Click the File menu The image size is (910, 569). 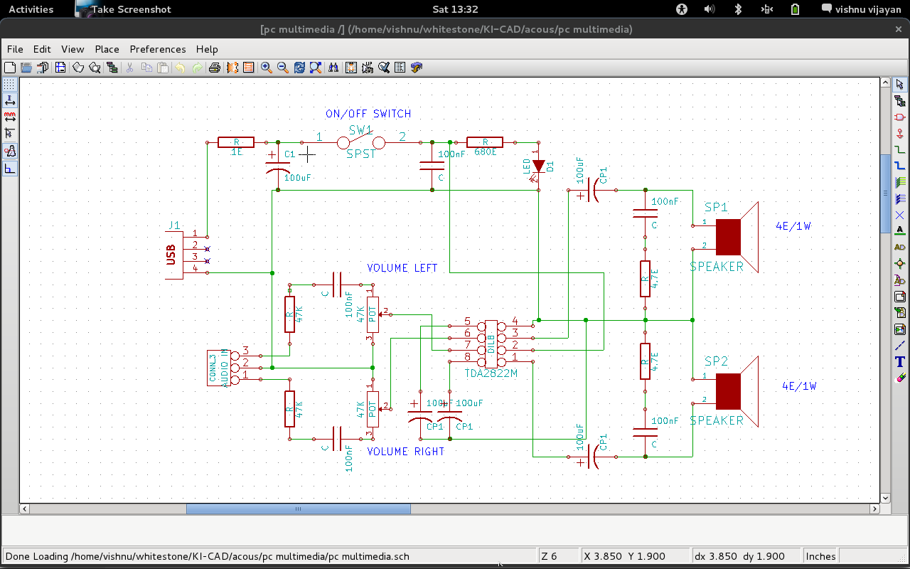point(15,49)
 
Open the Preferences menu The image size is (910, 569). point(157,49)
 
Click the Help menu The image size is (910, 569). point(207,49)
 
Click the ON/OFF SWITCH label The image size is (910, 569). point(368,114)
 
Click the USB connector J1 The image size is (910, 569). point(173,255)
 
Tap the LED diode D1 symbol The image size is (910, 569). point(538,166)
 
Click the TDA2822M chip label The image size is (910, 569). point(491,373)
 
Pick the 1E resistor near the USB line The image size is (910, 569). point(236,142)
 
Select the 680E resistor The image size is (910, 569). point(485,142)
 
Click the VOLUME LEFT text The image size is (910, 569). point(402,268)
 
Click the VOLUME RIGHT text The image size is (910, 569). point(406,452)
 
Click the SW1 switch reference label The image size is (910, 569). point(360,130)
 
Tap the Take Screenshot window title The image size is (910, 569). point(131,9)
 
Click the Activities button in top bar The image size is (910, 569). point(31,9)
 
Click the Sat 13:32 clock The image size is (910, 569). point(455,9)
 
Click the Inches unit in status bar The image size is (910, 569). point(820,556)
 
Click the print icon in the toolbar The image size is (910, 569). point(214,68)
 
